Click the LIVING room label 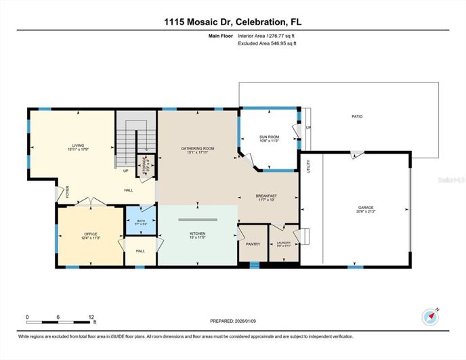(79, 145)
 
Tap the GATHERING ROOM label (197, 148)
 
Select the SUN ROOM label (270, 137)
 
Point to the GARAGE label (366, 208)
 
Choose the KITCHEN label (197, 233)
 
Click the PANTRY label (253, 244)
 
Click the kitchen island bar (197, 219)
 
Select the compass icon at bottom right (430, 316)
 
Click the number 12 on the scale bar (90, 317)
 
